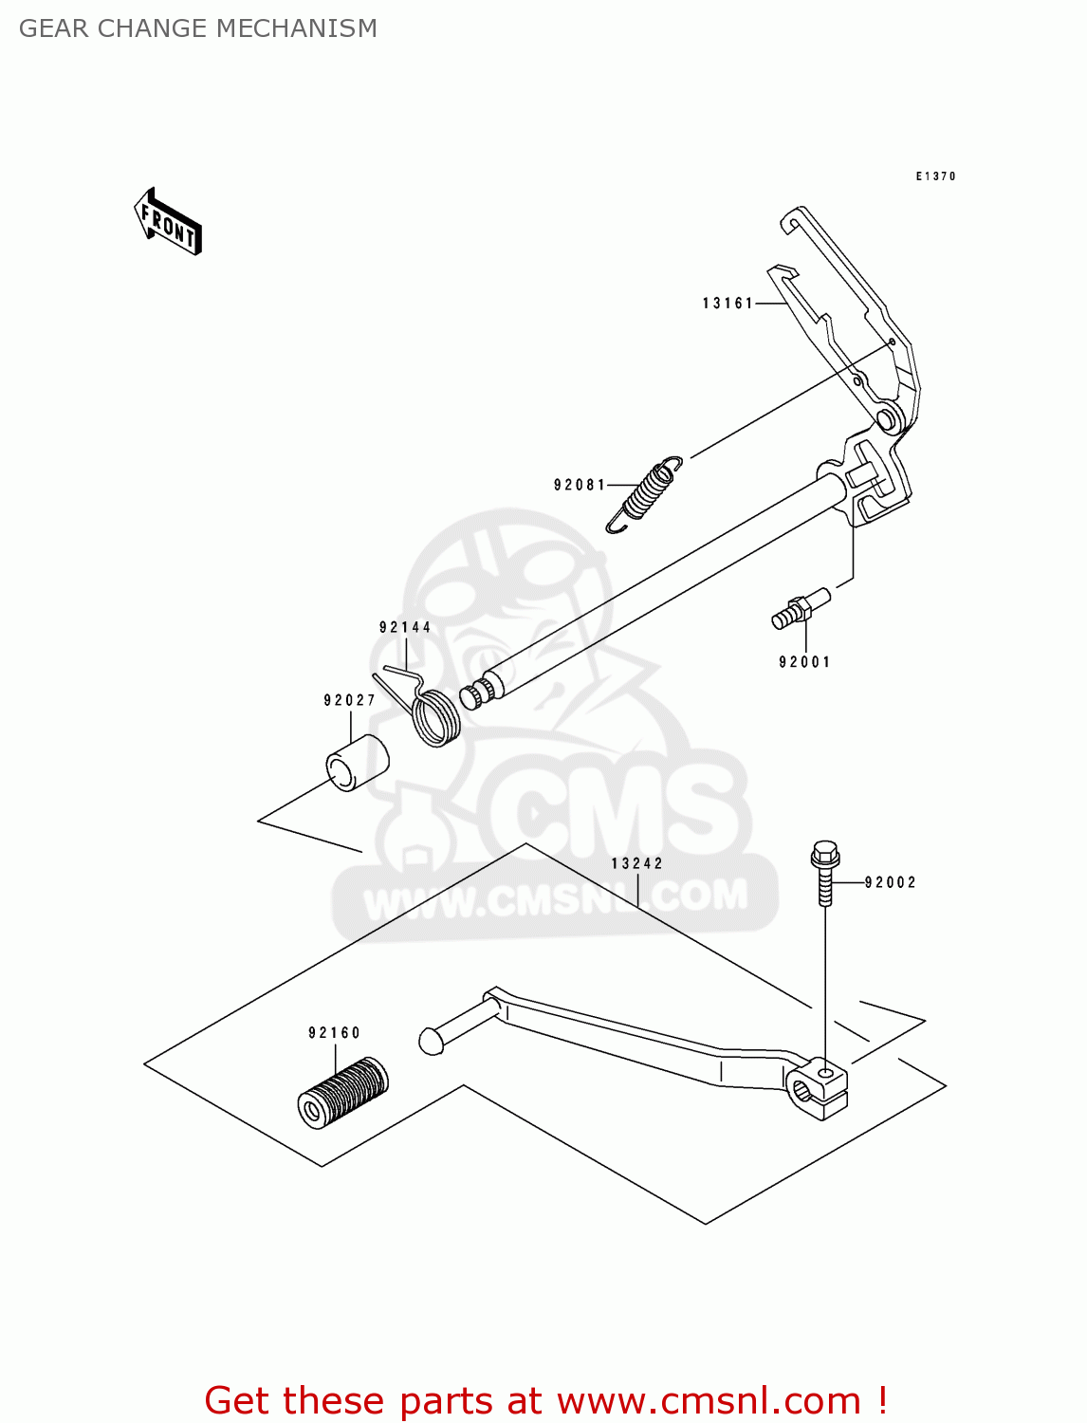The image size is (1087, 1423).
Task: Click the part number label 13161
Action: point(728,304)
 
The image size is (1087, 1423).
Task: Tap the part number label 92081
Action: point(580,485)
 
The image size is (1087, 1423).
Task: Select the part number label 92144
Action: point(405,627)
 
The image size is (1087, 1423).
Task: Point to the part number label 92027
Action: point(350,700)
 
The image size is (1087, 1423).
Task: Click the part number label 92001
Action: point(804,662)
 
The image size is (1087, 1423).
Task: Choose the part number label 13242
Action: point(637,863)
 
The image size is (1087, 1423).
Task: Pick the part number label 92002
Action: point(891,882)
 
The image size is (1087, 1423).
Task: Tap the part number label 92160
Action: point(335,1033)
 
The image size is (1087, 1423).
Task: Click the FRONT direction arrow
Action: point(169,223)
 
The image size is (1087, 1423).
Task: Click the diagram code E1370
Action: point(935,176)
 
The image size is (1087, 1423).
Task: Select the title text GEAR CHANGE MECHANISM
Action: point(198,28)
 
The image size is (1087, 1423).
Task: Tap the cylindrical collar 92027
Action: point(358,762)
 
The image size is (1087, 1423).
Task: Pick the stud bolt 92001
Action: point(801,606)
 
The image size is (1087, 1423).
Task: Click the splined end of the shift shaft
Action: point(476,692)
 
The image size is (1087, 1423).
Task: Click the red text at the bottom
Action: point(545,1400)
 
